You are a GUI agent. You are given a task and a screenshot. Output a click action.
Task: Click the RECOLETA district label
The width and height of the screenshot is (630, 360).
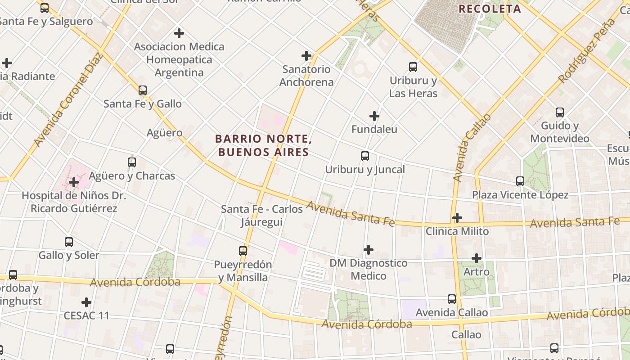point(490,9)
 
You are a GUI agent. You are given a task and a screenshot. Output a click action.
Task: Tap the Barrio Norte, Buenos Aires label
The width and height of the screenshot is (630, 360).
point(264,145)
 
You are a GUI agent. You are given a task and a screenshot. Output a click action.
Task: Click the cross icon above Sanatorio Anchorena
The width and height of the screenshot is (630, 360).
point(306,56)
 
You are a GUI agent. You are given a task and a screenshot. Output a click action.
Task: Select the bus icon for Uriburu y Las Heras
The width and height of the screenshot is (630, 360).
point(413,67)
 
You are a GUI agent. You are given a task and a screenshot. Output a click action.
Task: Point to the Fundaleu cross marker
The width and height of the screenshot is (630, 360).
point(374,116)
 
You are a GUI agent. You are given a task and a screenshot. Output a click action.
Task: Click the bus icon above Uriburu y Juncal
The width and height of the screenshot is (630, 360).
point(365,156)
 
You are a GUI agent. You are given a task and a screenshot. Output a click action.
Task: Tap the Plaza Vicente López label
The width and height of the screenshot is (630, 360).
point(520,195)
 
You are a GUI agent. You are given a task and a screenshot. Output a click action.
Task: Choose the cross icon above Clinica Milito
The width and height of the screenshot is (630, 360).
point(457,218)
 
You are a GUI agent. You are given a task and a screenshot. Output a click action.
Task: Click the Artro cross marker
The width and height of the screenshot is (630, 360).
point(477,258)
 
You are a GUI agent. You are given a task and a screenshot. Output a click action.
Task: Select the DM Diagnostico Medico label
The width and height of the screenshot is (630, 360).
point(368,269)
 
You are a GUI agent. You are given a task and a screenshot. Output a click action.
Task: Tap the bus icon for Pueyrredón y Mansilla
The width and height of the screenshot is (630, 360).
point(243,251)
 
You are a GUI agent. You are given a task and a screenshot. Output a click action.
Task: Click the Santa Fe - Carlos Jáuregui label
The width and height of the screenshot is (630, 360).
point(262,216)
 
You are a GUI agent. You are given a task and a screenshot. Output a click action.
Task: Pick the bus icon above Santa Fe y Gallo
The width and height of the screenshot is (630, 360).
point(143,90)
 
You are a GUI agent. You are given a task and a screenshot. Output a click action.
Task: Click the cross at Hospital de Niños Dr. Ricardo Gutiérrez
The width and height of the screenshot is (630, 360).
point(74,182)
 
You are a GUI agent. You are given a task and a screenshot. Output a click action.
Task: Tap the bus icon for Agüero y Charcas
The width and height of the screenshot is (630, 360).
point(132,162)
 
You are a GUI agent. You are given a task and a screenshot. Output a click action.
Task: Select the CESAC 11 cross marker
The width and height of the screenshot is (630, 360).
point(86,302)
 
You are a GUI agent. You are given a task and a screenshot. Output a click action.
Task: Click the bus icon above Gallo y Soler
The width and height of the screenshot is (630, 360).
point(69,242)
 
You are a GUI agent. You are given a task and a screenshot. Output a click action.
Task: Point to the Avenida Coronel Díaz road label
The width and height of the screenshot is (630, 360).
point(68,100)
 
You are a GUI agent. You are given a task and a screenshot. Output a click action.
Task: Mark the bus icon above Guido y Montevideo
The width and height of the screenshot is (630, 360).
point(560,112)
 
